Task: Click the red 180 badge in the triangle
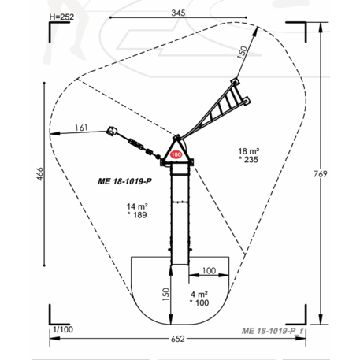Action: (176, 154)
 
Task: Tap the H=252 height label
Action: (61, 17)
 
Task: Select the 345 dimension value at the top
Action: (178, 13)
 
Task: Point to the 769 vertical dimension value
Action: (321, 174)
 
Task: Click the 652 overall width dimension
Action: (178, 339)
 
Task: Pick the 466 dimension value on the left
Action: (39, 173)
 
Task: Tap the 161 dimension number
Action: (81, 128)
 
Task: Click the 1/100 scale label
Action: (63, 329)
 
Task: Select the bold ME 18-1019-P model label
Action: (124, 181)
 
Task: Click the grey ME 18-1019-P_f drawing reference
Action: (273, 331)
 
